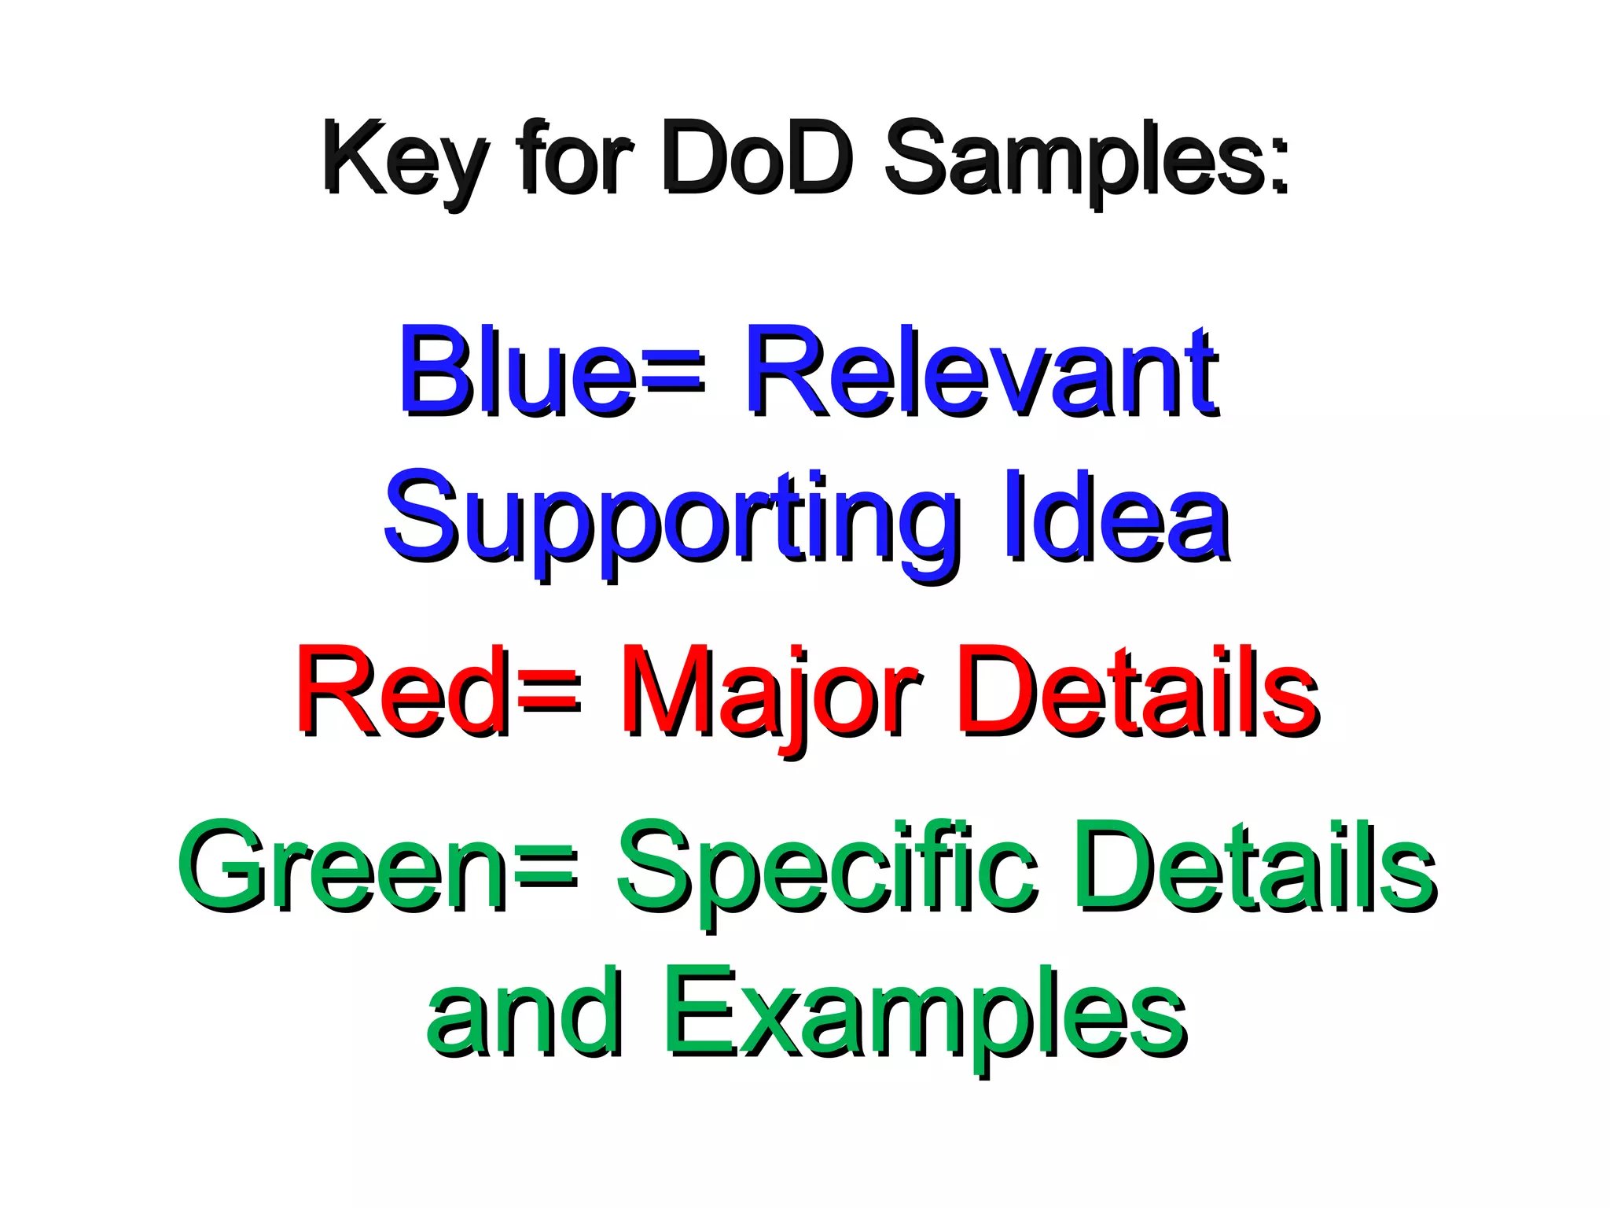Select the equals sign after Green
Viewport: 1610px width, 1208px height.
click(548, 869)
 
